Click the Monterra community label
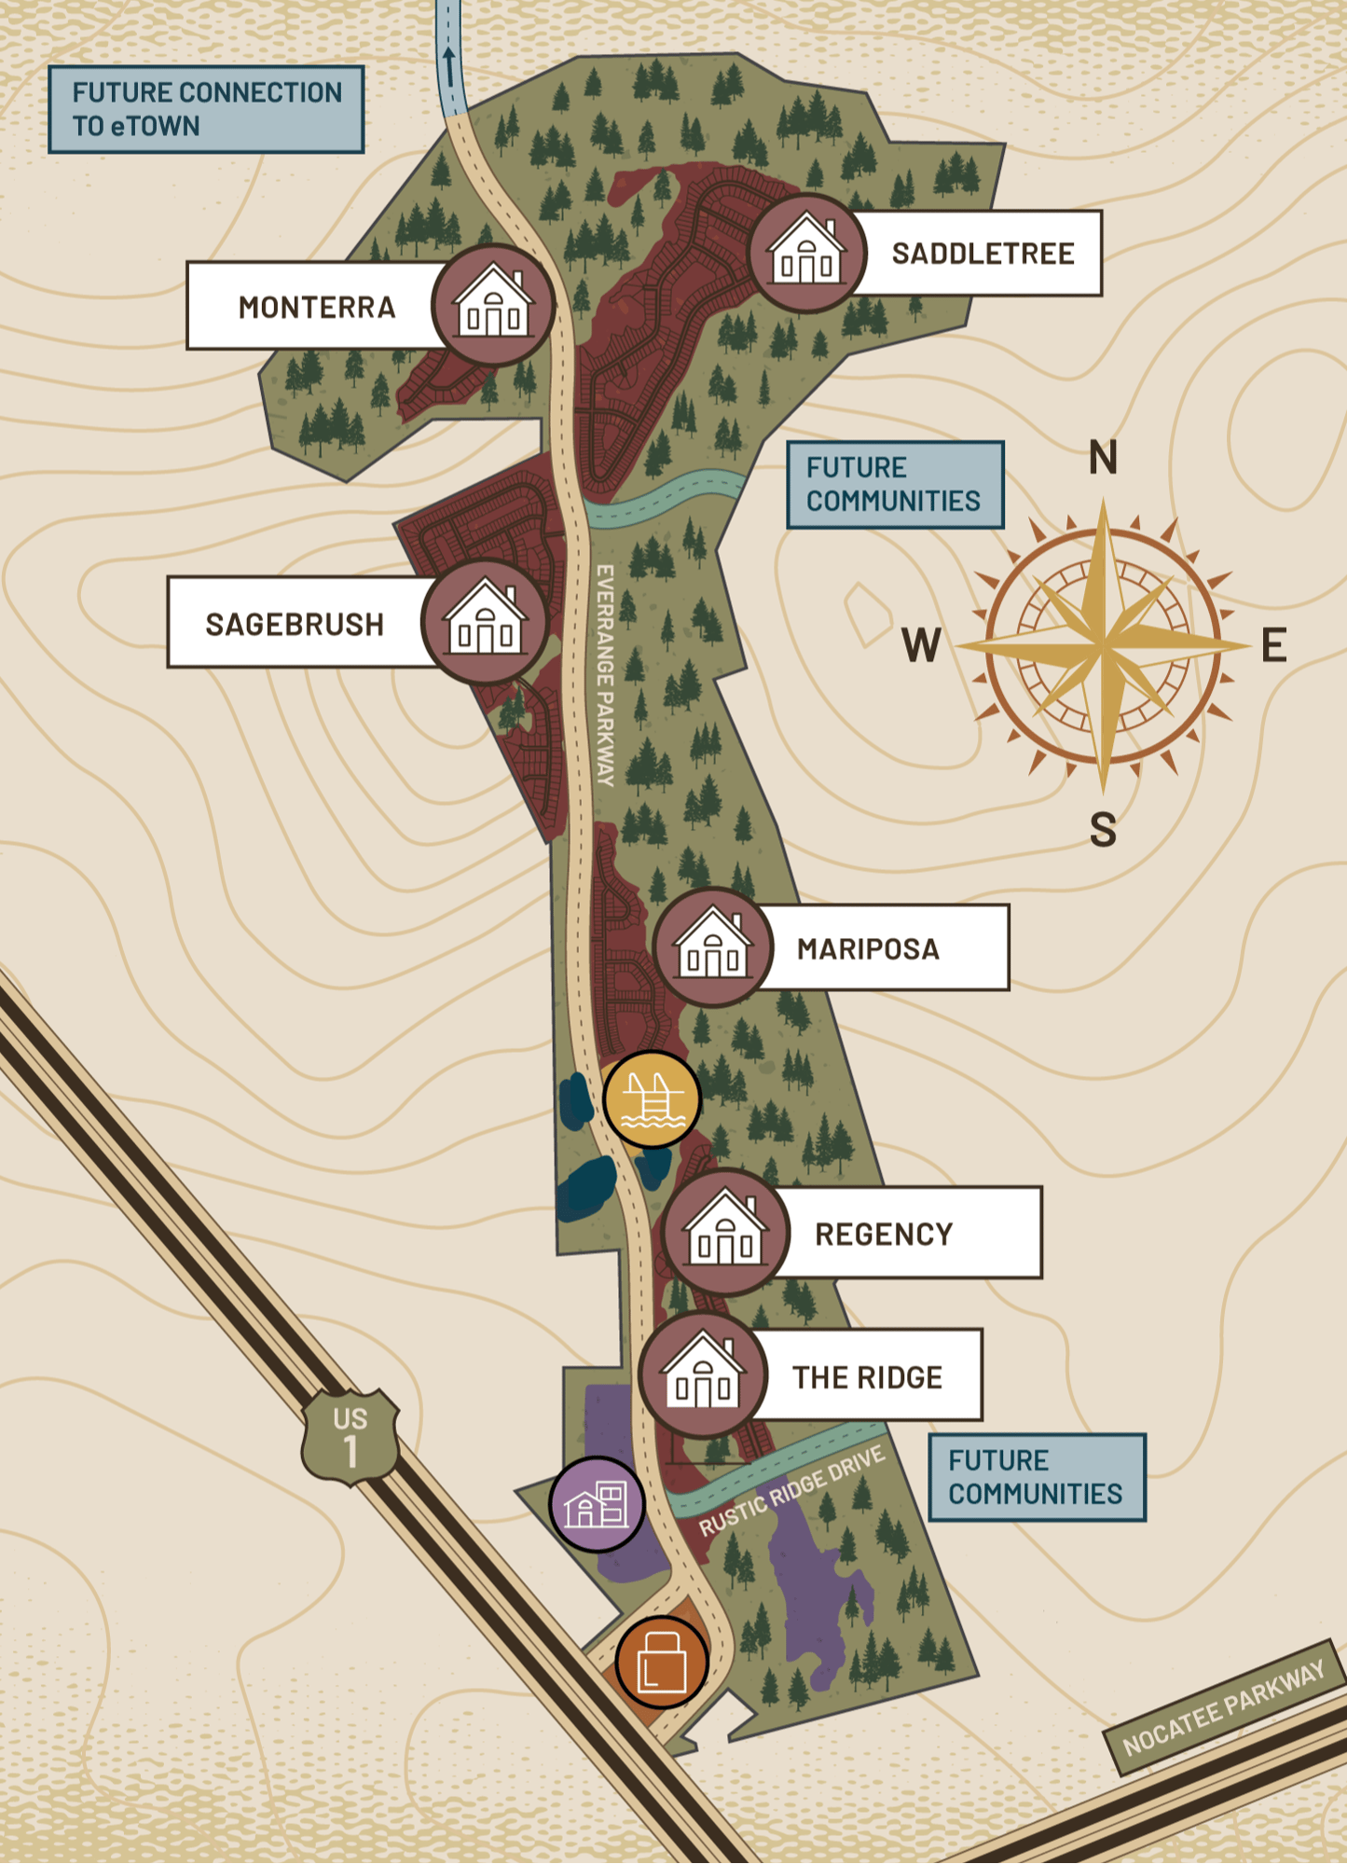point(316,307)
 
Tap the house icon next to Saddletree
point(807,253)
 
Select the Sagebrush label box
point(295,624)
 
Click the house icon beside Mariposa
point(713,947)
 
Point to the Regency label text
point(884,1234)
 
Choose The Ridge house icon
point(704,1376)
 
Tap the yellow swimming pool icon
point(652,1100)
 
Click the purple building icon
point(597,1504)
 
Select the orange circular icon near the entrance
point(662,1663)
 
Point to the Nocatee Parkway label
point(1223,1707)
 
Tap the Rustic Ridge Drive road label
point(791,1491)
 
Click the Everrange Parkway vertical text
point(605,675)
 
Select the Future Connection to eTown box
point(206,109)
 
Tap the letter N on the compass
point(1103,458)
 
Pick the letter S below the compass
point(1103,829)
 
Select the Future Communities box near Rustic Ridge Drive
point(1036,1477)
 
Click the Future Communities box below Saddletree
point(894,485)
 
